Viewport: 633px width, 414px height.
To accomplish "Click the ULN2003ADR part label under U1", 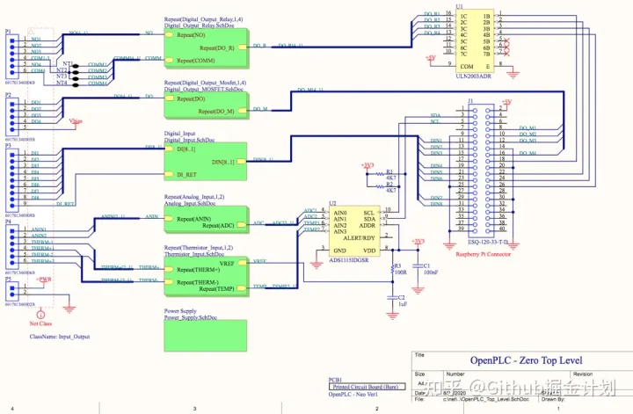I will (473, 76).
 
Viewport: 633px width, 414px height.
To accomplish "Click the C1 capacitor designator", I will (426, 265).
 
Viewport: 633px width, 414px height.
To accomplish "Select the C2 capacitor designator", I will (400, 298).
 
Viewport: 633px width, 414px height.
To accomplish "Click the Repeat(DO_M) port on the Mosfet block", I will (216, 112).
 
